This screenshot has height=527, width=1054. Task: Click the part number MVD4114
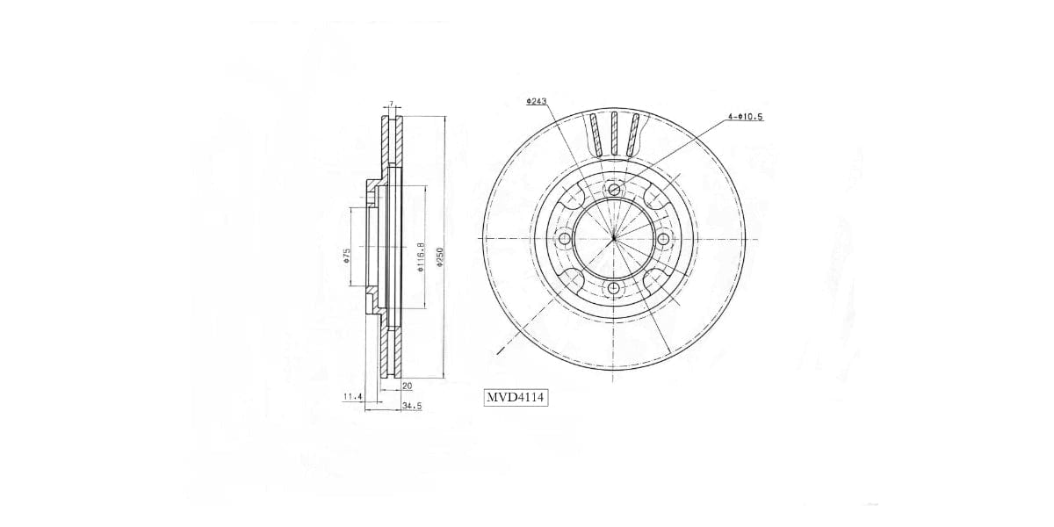(x=516, y=398)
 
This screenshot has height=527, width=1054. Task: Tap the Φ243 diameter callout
(x=536, y=102)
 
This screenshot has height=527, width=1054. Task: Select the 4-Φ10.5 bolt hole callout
(x=744, y=116)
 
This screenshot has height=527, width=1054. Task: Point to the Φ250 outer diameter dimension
(x=441, y=256)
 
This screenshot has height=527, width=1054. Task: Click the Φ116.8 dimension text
(x=422, y=257)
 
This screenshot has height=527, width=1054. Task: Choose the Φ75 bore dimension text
(x=347, y=256)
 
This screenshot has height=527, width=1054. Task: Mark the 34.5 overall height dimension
(x=411, y=406)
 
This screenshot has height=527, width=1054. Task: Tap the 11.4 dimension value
(x=352, y=397)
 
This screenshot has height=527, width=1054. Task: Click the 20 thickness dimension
(x=408, y=386)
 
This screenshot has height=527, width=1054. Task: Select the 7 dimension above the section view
(x=391, y=105)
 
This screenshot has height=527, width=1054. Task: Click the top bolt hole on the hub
(x=614, y=189)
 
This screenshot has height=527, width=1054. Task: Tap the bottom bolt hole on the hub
(x=614, y=289)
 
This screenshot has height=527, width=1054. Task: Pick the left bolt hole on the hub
(x=564, y=239)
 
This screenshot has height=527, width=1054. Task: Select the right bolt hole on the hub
(x=664, y=239)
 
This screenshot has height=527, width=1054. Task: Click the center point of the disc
(x=614, y=239)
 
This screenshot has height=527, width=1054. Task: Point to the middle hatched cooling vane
(x=614, y=134)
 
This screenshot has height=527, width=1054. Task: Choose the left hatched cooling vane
(x=596, y=135)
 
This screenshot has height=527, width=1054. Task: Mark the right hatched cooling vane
(x=633, y=135)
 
